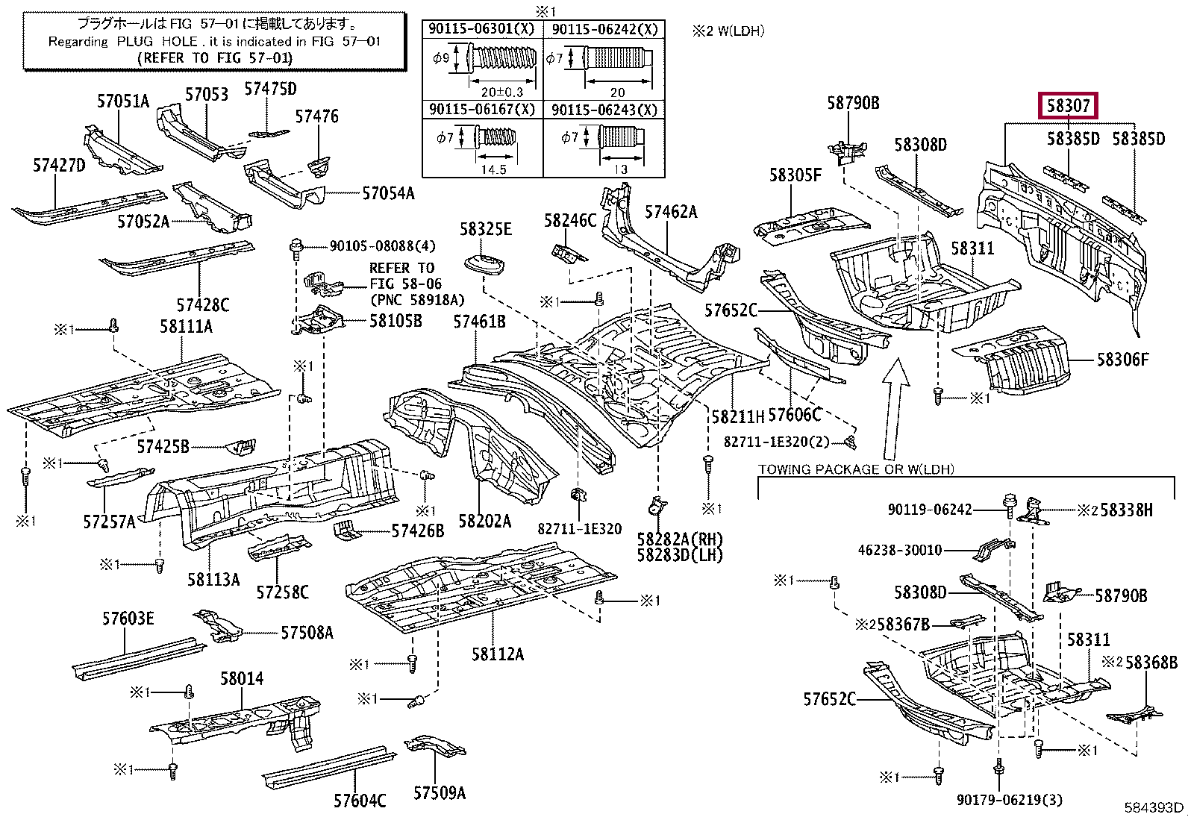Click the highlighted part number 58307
pos(1069,107)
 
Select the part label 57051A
pos(123,101)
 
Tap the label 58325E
pos(485,229)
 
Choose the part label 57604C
pos(360,801)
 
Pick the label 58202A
pos(484,521)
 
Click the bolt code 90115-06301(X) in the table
pos(482,30)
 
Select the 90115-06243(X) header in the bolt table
pos(604,110)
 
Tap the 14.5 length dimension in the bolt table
pos(493,169)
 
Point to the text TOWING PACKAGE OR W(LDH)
pos(856,469)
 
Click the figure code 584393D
pos(1154,807)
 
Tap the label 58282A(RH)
pos(680,539)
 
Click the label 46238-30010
pos(900,550)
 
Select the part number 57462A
pos(671,212)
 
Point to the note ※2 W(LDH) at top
pos(728,31)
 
